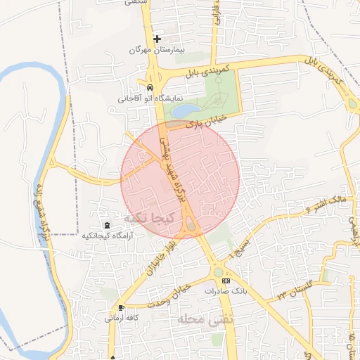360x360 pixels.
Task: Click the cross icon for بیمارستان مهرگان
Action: (157, 38)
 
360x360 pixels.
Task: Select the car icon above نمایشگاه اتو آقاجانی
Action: (150, 86)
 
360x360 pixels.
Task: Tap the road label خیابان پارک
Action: (204, 122)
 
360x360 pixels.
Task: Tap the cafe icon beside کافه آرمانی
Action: (122, 308)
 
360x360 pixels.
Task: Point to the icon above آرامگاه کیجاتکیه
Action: (106, 225)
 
